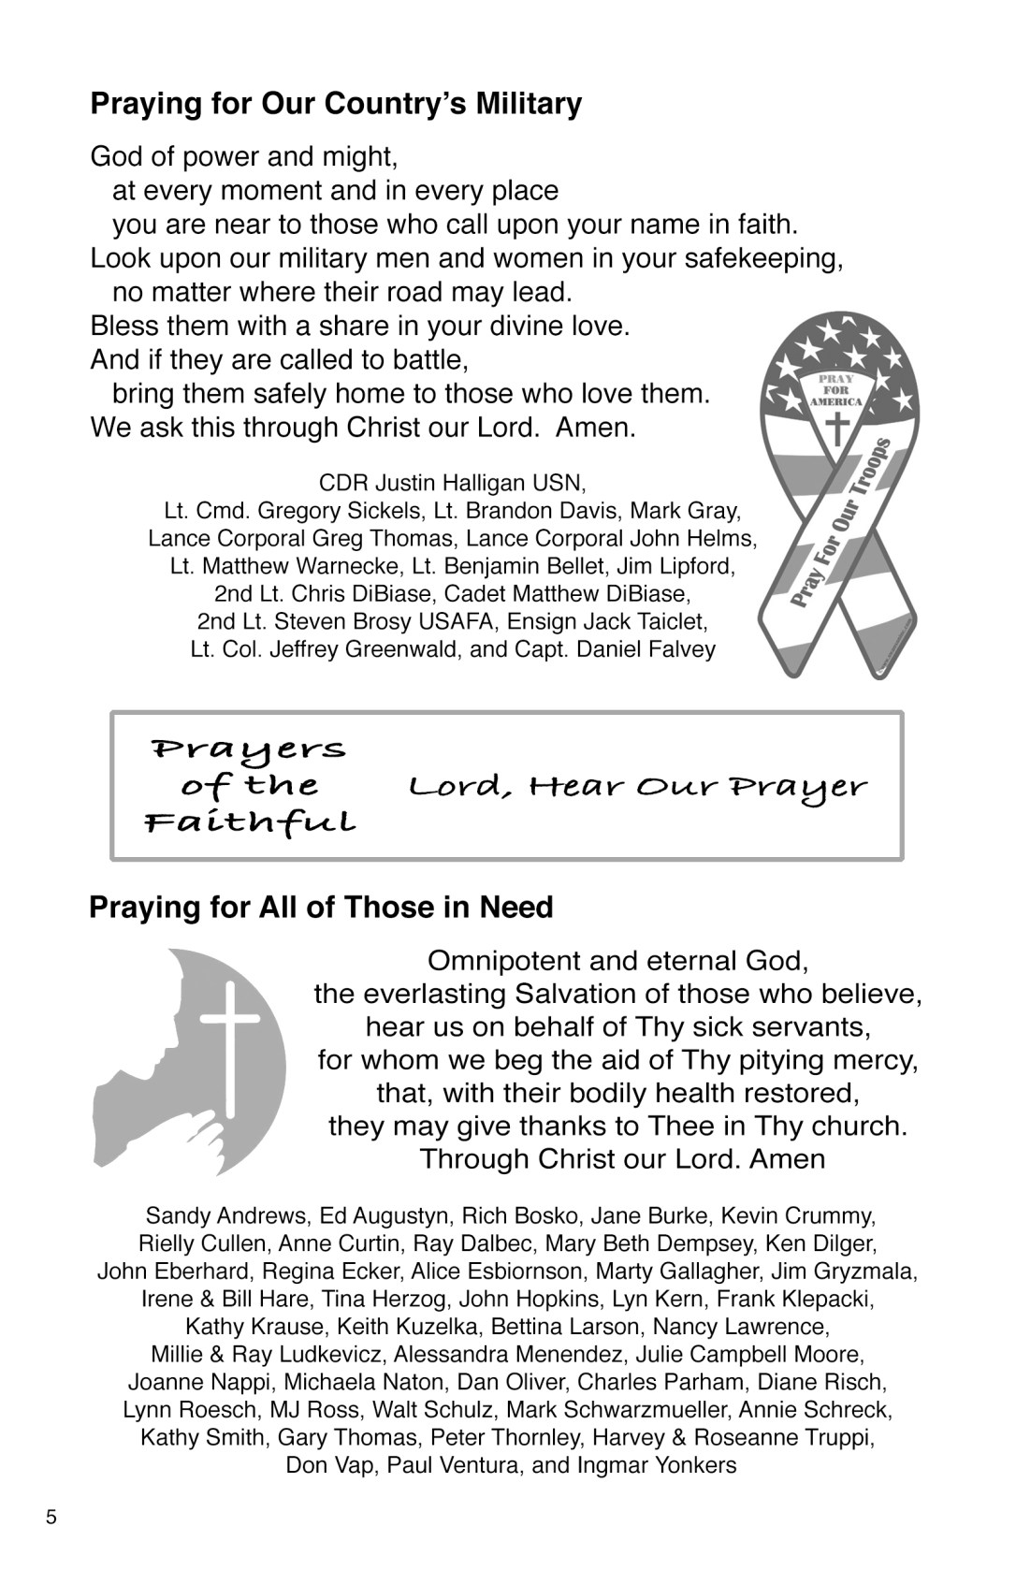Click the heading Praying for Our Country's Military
(x=336, y=104)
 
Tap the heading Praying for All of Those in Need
(x=321, y=908)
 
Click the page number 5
(x=51, y=1518)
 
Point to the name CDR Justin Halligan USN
(x=453, y=484)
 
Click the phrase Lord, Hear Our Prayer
(x=637, y=787)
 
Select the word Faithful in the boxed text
(x=251, y=823)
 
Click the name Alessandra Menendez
(x=509, y=1355)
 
